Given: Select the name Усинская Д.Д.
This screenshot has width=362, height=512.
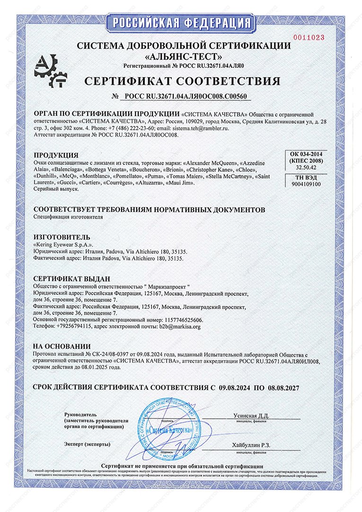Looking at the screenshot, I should [251, 415].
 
